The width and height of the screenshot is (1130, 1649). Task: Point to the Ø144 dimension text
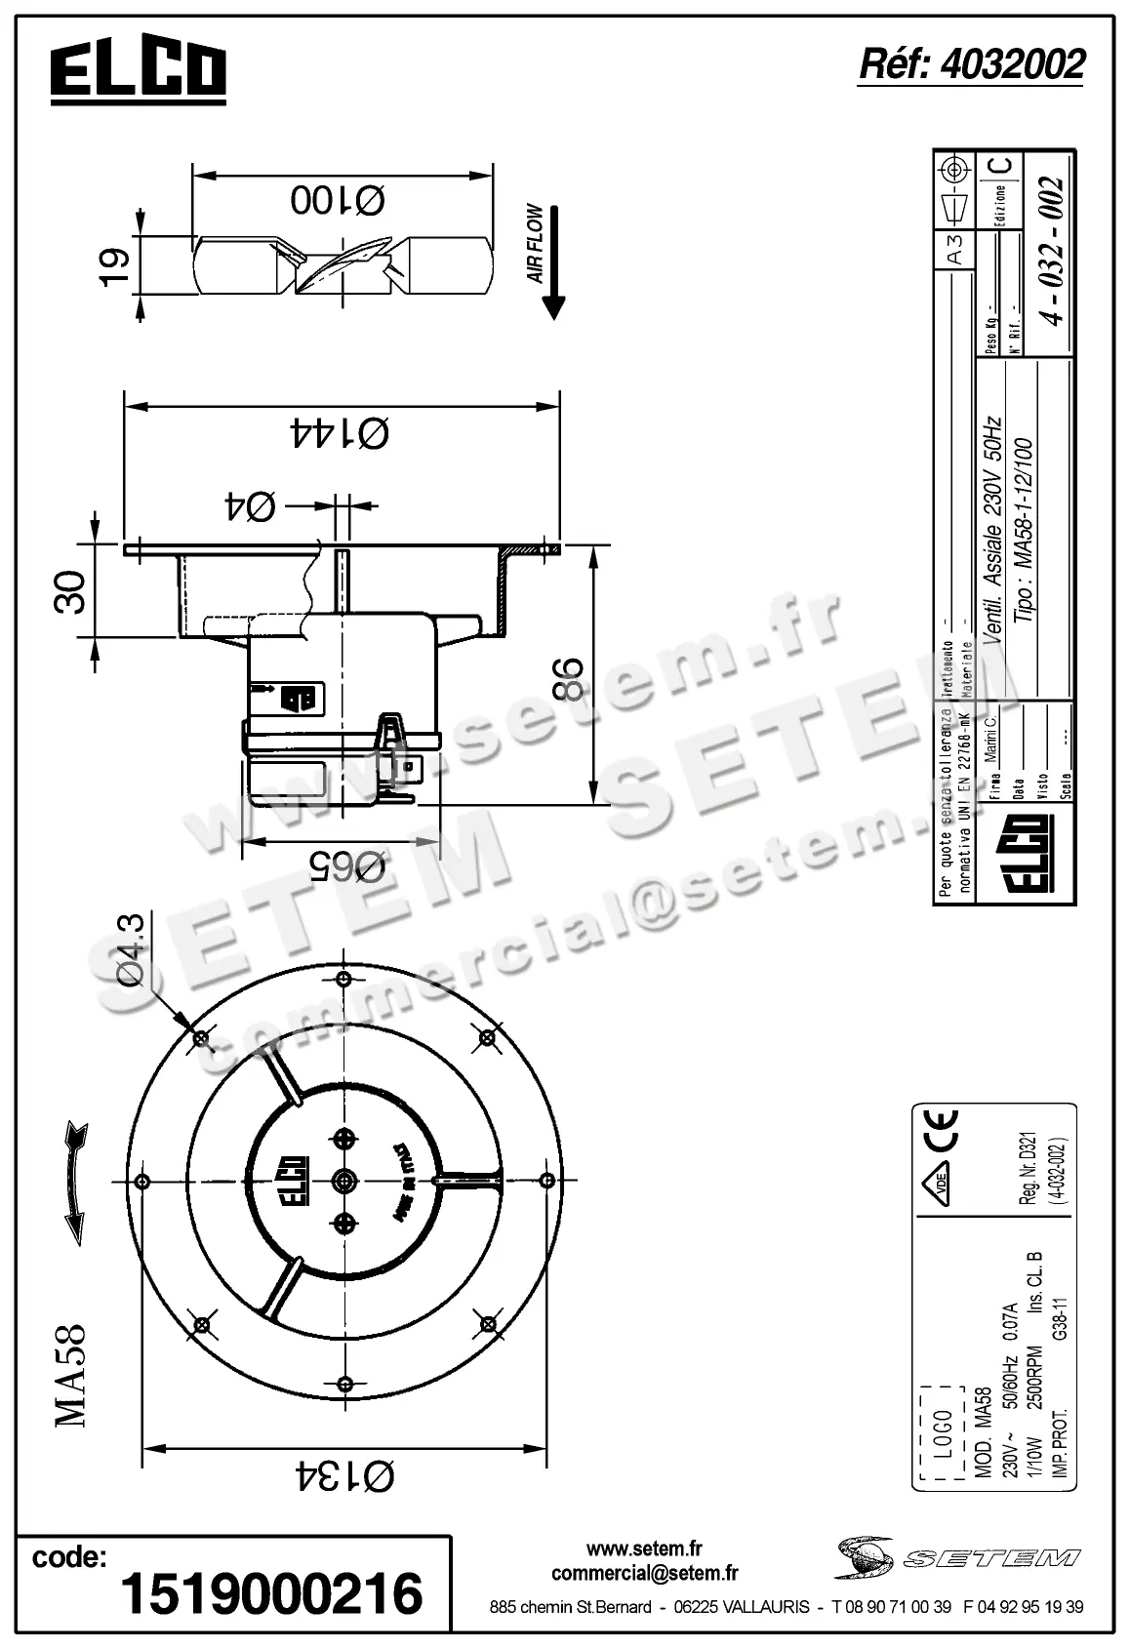pyautogui.click(x=339, y=431)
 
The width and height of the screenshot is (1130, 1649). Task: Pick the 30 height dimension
pyautogui.click(x=70, y=591)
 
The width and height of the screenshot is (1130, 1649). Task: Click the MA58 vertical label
pyautogui.click(x=70, y=1376)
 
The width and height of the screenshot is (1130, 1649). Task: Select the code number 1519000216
pyautogui.click(x=271, y=1592)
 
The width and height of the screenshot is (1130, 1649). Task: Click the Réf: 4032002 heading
pyautogui.click(x=970, y=64)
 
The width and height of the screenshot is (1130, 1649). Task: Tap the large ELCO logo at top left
pyautogui.click(x=139, y=70)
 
